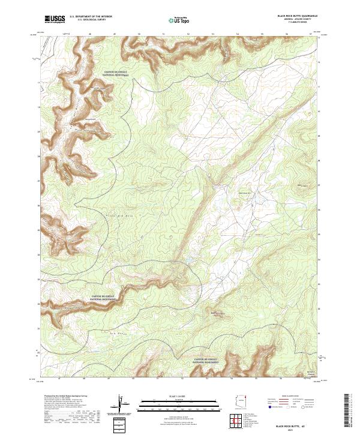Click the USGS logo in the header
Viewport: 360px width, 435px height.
tap(55, 19)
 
